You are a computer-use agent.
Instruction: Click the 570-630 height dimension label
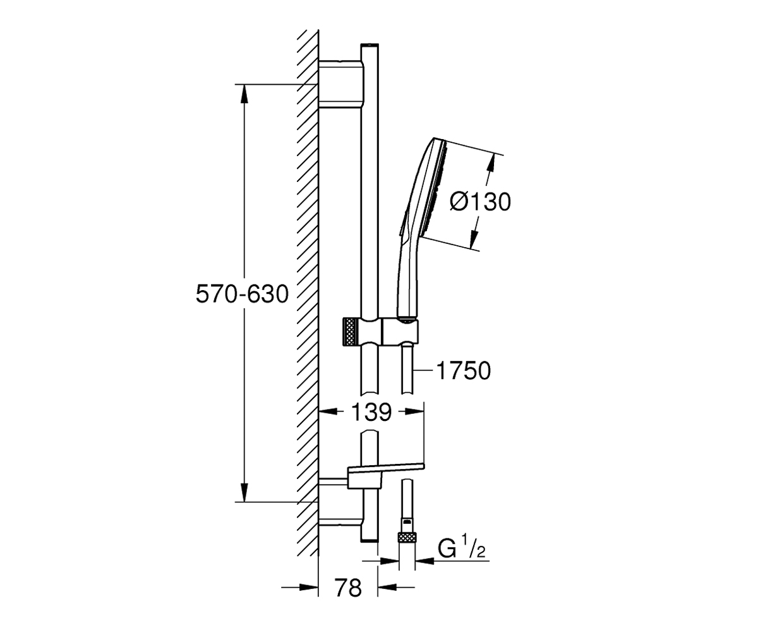242,294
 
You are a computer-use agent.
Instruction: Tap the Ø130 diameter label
480,202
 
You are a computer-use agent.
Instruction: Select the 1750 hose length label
464,371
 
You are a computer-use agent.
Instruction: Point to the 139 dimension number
371,412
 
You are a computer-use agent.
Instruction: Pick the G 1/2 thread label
461,549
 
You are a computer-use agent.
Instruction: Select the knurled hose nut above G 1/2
407,538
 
